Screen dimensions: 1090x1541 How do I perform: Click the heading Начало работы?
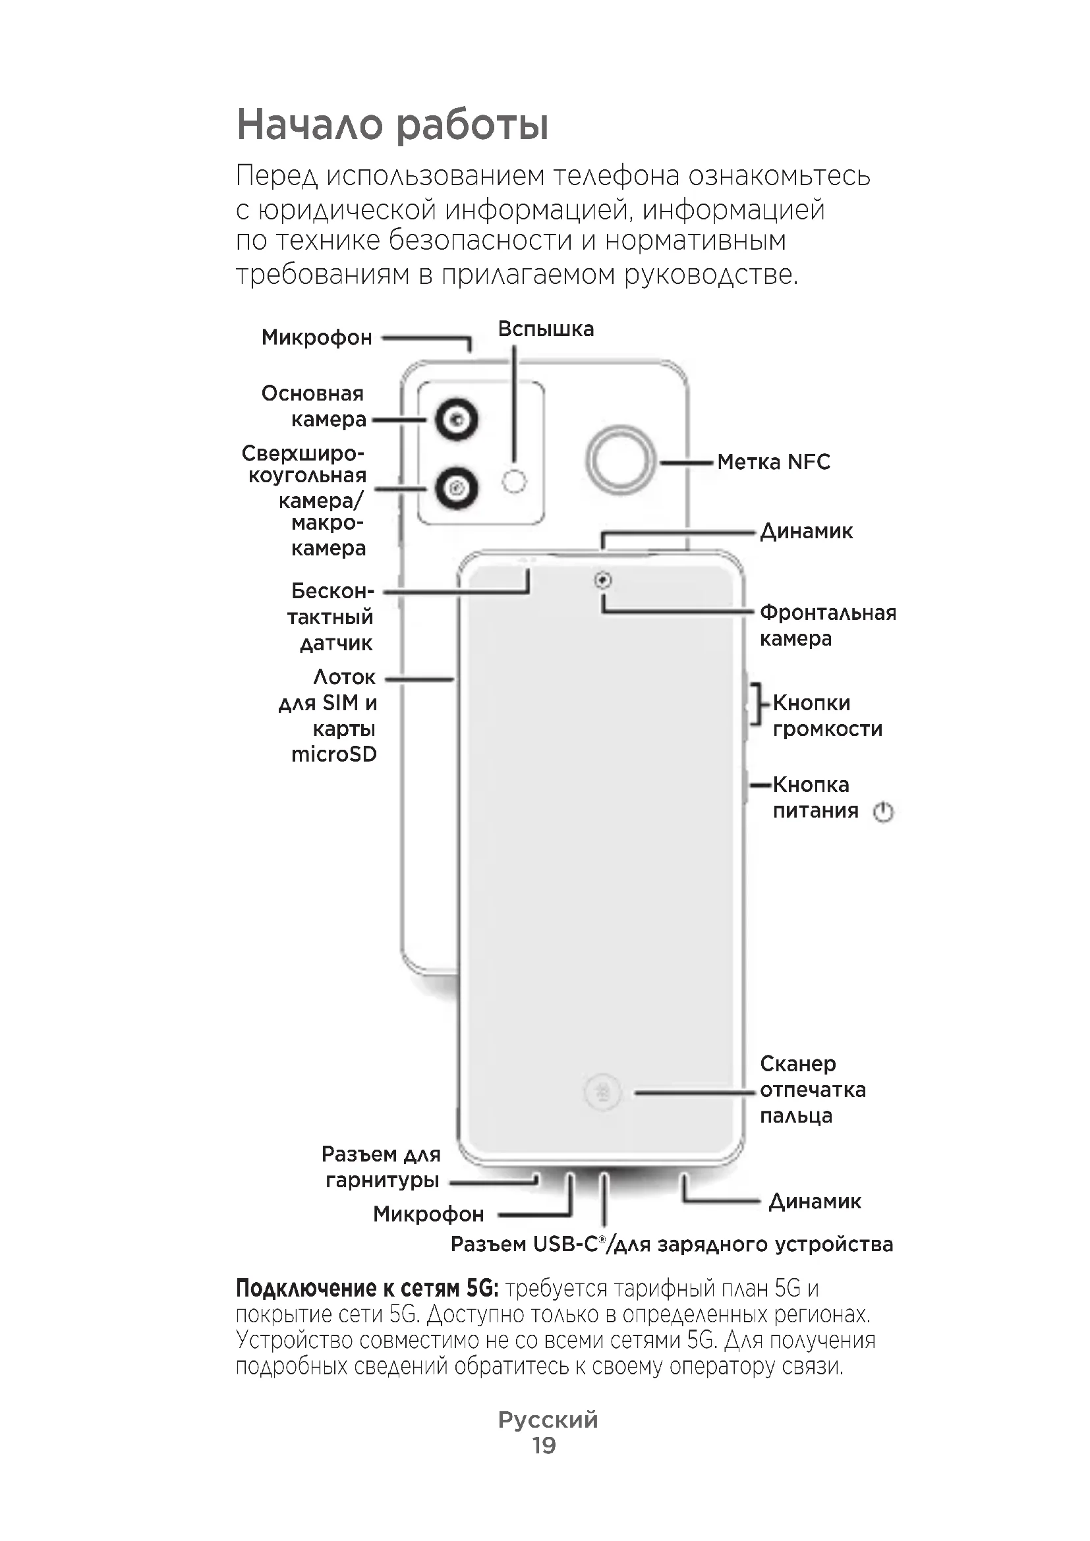click(x=393, y=126)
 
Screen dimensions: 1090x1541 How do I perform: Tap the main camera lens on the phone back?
click(x=457, y=421)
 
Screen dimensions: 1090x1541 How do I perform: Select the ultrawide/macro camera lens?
click(x=457, y=488)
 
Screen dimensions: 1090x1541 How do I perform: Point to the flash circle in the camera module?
click(x=514, y=480)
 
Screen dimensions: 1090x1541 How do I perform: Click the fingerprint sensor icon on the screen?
click(x=603, y=1094)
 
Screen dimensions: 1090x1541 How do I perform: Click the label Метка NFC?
click(x=773, y=462)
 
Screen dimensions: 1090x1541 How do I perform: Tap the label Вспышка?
click(x=546, y=329)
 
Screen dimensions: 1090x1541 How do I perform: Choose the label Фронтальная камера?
click(x=828, y=625)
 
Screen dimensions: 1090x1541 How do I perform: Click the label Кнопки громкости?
click(x=827, y=715)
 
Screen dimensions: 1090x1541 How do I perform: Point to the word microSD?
click(x=333, y=754)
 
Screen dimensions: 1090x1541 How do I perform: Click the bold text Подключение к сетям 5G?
click(x=367, y=1289)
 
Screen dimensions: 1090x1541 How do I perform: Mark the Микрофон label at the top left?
click(x=316, y=337)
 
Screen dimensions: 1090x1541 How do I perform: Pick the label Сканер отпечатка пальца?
click(x=812, y=1090)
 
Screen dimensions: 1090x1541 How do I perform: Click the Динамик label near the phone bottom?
click(x=814, y=1201)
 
